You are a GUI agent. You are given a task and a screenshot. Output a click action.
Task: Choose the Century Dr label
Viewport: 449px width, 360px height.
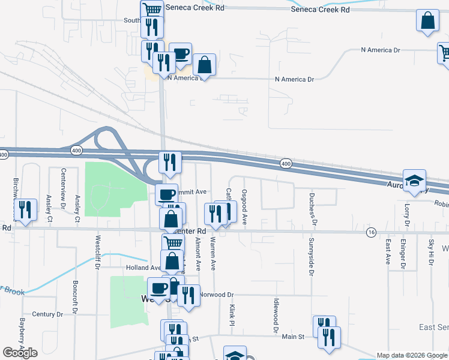click(47, 314)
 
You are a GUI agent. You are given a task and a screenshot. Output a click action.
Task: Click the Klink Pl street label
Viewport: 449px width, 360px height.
click(232, 314)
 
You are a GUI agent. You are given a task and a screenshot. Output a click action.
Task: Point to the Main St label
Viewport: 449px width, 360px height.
click(294, 337)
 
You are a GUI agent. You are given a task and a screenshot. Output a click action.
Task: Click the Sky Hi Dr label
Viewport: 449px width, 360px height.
click(430, 253)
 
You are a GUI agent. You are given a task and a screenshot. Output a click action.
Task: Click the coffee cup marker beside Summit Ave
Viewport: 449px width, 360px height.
click(166, 194)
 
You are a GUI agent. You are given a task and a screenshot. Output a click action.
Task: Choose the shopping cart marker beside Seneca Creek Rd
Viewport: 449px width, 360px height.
click(152, 10)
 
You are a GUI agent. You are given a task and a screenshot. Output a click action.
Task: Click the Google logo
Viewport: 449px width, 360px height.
click(20, 353)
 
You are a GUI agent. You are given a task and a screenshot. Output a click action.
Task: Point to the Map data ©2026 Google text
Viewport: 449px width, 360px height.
click(412, 355)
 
